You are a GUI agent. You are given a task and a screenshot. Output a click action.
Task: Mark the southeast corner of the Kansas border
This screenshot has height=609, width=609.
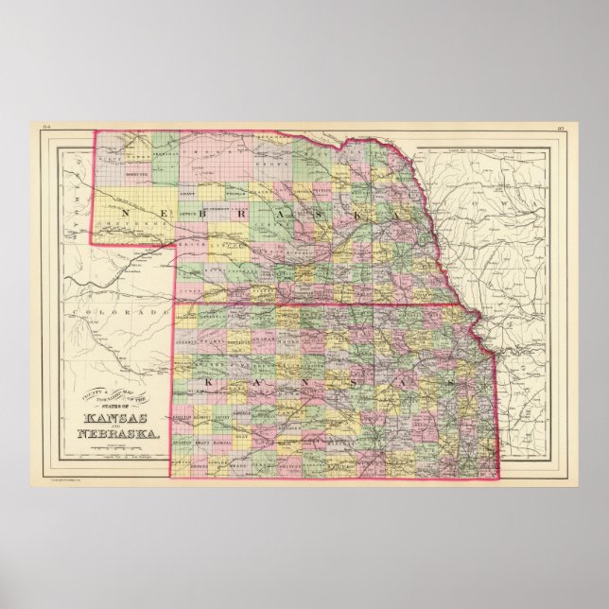click(x=497, y=478)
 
